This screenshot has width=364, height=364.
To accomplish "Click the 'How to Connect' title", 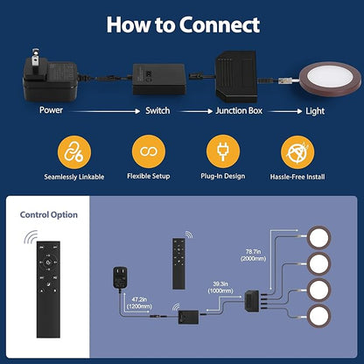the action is click(183, 24).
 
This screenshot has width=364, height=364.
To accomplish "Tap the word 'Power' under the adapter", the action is click(51, 110).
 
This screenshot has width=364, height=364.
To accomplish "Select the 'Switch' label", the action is click(157, 110).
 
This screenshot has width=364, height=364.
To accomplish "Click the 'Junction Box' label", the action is click(239, 111).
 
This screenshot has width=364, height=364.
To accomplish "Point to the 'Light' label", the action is click(315, 111).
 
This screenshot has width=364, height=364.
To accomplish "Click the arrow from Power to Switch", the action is click(105, 111).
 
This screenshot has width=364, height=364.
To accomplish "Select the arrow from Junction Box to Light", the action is click(285, 111).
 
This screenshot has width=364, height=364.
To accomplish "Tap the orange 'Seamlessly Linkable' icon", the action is click(74, 152).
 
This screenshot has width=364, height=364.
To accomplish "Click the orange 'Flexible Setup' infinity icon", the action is click(149, 151).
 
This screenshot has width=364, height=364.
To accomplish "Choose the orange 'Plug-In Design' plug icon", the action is click(223, 151).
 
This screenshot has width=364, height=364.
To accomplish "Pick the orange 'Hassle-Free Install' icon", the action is click(297, 152).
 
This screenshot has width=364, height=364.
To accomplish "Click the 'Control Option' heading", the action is click(49, 215).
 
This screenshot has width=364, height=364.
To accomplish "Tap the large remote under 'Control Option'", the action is click(48, 290).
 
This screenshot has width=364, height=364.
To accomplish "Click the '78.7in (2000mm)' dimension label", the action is click(253, 255).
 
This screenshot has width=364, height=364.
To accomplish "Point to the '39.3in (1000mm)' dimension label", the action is click(220, 287).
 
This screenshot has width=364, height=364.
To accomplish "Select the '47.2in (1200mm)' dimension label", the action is click(139, 303).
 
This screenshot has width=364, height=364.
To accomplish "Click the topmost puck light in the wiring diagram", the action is click(318, 238).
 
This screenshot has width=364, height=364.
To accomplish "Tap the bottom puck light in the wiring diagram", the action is click(318, 316).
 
